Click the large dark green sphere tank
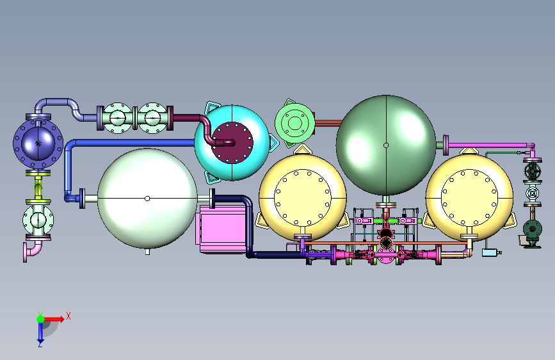pyautogui.click(x=386, y=145)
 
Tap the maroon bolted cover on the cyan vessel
pyautogui.click(x=232, y=143)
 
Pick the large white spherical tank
pyautogui.click(x=147, y=199)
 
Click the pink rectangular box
pyautogui.click(x=221, y=229)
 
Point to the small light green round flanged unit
pyautogui.click(x=294, y=123)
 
